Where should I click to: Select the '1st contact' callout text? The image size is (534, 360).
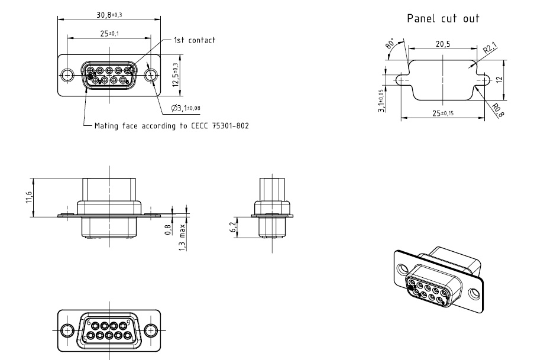(x=194, y=40)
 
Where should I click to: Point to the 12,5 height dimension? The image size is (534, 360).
(x=175, y=75)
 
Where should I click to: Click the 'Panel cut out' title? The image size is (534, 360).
(x=443, y=18)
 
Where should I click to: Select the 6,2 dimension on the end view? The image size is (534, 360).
(x=232, y=226)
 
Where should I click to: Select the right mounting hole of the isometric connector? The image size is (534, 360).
(x=474, y=294)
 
